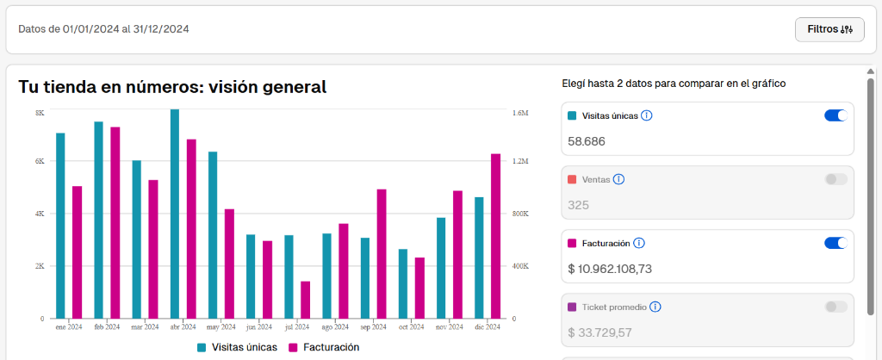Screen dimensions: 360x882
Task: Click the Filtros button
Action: (x=829, y=29)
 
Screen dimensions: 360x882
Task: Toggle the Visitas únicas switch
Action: (x=835, y=115)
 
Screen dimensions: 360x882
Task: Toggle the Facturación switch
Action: (x=835, y=243)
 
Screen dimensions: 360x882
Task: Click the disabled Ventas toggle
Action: (x=835, y=179)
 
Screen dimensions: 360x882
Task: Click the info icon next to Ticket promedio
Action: (x=655, y=307)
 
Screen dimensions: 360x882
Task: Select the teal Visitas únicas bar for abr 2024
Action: (x=175, y=214)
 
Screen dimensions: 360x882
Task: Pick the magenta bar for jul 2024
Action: (x=306, y=300)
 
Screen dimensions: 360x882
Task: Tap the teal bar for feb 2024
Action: (x=99, y=220)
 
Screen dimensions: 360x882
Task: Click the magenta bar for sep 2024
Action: (x=382, y=253)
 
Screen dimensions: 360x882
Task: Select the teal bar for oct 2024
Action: (x=403, y=283)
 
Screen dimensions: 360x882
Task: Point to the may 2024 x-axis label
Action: (x=220, y=327)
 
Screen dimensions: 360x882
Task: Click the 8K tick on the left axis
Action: (x=40, y=113)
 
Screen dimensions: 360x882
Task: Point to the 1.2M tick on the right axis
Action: (x=520, y=161)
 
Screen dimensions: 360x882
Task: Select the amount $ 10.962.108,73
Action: (x=610, y=268)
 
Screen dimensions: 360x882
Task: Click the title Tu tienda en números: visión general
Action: (x=172, y=87)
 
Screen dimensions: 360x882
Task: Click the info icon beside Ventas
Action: (x=618, y=179)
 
